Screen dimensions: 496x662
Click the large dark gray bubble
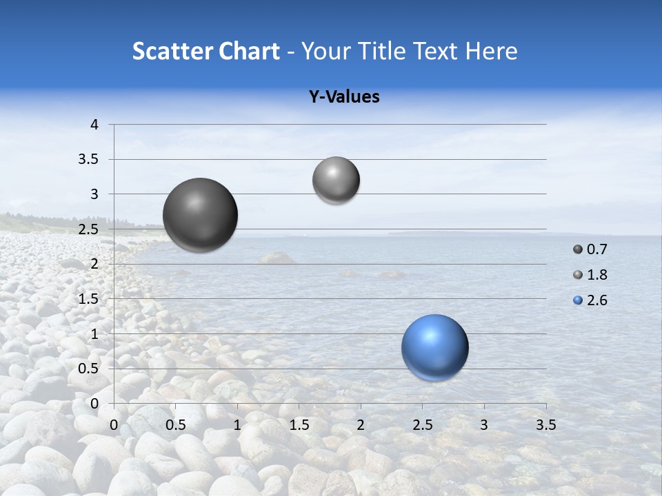201,215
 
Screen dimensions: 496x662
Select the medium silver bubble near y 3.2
336,180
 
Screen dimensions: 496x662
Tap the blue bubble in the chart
434,347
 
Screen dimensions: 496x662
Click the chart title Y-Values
344,97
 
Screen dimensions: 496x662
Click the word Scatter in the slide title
171,51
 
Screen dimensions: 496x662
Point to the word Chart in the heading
249,51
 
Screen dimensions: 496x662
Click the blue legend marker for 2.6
578,300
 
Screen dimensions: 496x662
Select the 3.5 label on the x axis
546,425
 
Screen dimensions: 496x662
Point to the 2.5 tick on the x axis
423,425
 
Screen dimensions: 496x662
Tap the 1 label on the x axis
238,425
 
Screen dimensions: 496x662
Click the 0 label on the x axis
114,425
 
